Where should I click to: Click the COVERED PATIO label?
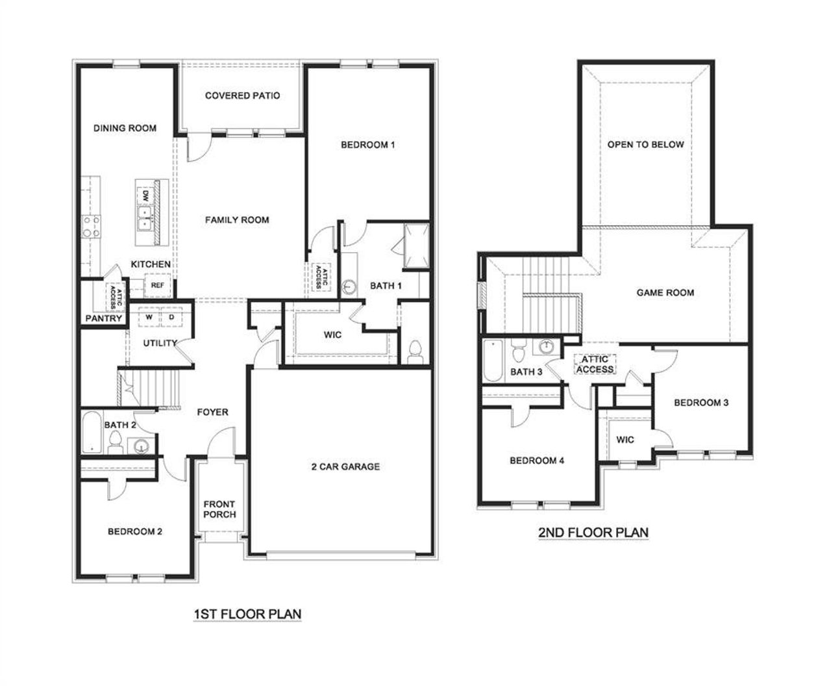(242, 95)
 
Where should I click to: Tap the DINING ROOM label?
(125, 128)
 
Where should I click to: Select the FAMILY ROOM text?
(237, 220)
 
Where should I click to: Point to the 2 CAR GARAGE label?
(345, 466)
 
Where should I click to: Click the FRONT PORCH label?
(219, 509)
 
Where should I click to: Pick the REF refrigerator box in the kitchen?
(157, 285)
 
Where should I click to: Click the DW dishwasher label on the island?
(145, 195)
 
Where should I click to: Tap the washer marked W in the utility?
(149, 317)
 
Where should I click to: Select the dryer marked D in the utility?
(171, 317)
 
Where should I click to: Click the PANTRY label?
(104, 318)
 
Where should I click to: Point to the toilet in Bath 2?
(116, 444)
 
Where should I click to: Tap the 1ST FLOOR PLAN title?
(247, 613)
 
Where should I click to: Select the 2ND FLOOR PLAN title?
(593, 533)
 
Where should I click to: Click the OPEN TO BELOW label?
(645, 144)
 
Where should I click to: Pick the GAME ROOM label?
(665, 293)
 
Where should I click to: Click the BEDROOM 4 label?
(537, 461)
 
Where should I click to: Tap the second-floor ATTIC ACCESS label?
(595, 364)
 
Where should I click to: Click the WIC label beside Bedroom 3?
(625, 440)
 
